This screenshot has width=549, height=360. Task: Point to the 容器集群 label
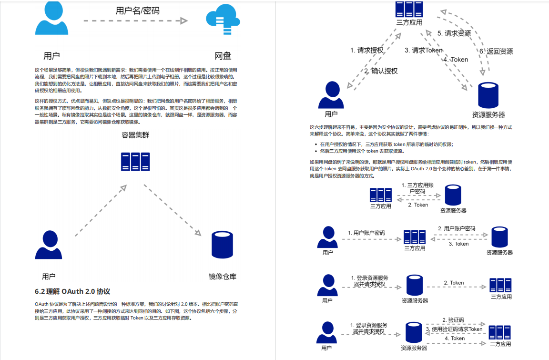(135, 135)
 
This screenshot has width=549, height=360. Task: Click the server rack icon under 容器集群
(135, 161)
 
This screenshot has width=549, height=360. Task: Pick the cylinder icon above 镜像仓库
(222, 245)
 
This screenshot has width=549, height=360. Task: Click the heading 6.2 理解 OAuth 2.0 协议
(72, 291)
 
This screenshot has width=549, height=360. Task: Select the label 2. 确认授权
(381, 71)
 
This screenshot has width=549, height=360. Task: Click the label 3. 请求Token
(424, 50)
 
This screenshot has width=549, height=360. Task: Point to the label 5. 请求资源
(454, 33)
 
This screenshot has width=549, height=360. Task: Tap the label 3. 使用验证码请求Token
(454, 329)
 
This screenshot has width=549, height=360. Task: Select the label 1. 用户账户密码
(366, 233)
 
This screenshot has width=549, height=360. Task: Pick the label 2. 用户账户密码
(457, 229)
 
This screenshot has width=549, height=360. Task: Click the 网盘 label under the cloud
(223, 56)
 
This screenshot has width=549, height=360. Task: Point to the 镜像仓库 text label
(223, 277)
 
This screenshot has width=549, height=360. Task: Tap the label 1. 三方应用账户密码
(417, 188)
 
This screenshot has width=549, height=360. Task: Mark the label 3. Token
(458, 244)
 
